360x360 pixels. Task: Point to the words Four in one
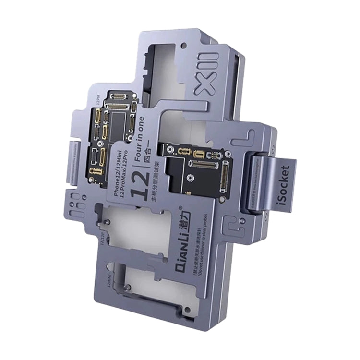(x=139, y=136)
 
